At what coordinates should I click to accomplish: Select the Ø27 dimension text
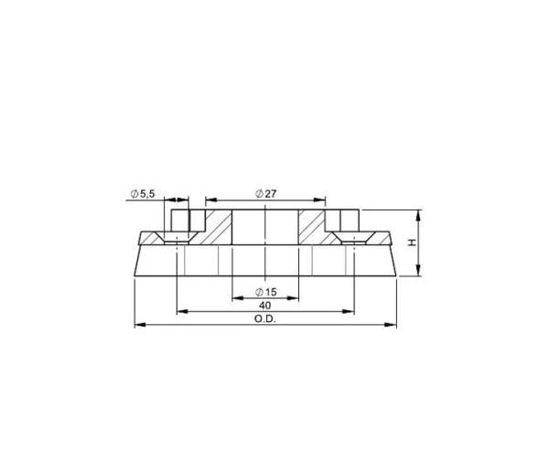(265, 193)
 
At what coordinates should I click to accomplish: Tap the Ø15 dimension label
(265, 291)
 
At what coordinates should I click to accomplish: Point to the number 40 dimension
(265, 305)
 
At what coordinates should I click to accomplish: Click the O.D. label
(265, 318)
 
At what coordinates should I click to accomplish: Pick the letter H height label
(412, 242)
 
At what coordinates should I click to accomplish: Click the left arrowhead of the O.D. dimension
(137, 324)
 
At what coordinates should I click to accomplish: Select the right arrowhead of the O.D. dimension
(393, 324)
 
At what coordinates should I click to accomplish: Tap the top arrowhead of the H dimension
(419, 214)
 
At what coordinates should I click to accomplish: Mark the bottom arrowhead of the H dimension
(419, 272)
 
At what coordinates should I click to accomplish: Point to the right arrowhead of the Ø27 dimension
(322, 199)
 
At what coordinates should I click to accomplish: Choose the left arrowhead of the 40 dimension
(180, 311)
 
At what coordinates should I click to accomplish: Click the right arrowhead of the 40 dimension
(350, 311)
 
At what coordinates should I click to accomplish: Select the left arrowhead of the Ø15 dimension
(235, 297)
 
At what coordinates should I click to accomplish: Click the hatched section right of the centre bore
(314, 229)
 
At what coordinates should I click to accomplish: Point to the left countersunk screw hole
(179, 232)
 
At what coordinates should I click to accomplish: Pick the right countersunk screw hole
(351, 232)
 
